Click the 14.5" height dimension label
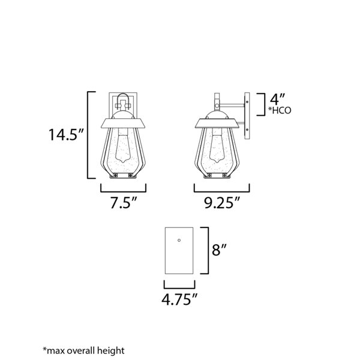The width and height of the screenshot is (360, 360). point(65,134)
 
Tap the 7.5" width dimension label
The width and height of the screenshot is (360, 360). point(124,203)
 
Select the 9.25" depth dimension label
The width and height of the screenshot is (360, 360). point(222,203)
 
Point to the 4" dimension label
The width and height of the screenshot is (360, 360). point(277,99)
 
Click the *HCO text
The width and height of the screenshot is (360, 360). point(280,110)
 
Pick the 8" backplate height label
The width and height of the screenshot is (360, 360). point(219,250)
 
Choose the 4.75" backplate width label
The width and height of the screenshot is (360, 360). point(179,299)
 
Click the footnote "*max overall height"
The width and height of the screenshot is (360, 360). point(83,350)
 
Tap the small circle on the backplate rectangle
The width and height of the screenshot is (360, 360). point(179,240)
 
